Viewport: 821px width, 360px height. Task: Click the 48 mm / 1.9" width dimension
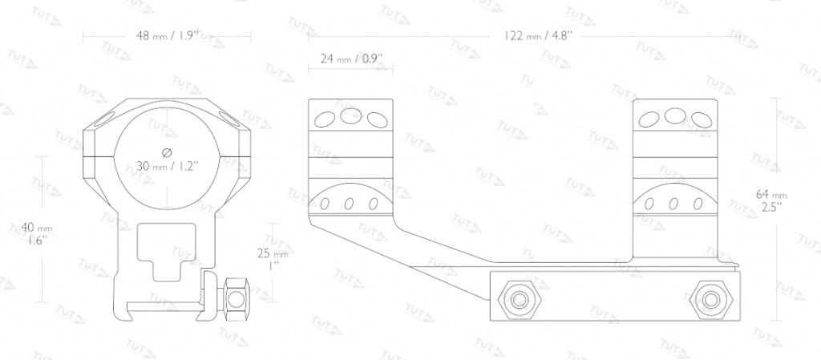(168, 36)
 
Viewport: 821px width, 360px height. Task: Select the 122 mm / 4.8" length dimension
(539, 36)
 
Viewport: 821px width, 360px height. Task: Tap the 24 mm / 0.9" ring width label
(352, 58)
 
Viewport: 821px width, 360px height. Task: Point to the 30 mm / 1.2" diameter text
(167, 167)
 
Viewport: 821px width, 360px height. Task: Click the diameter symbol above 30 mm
(167, 152)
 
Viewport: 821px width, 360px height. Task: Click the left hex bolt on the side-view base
(519, 299)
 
